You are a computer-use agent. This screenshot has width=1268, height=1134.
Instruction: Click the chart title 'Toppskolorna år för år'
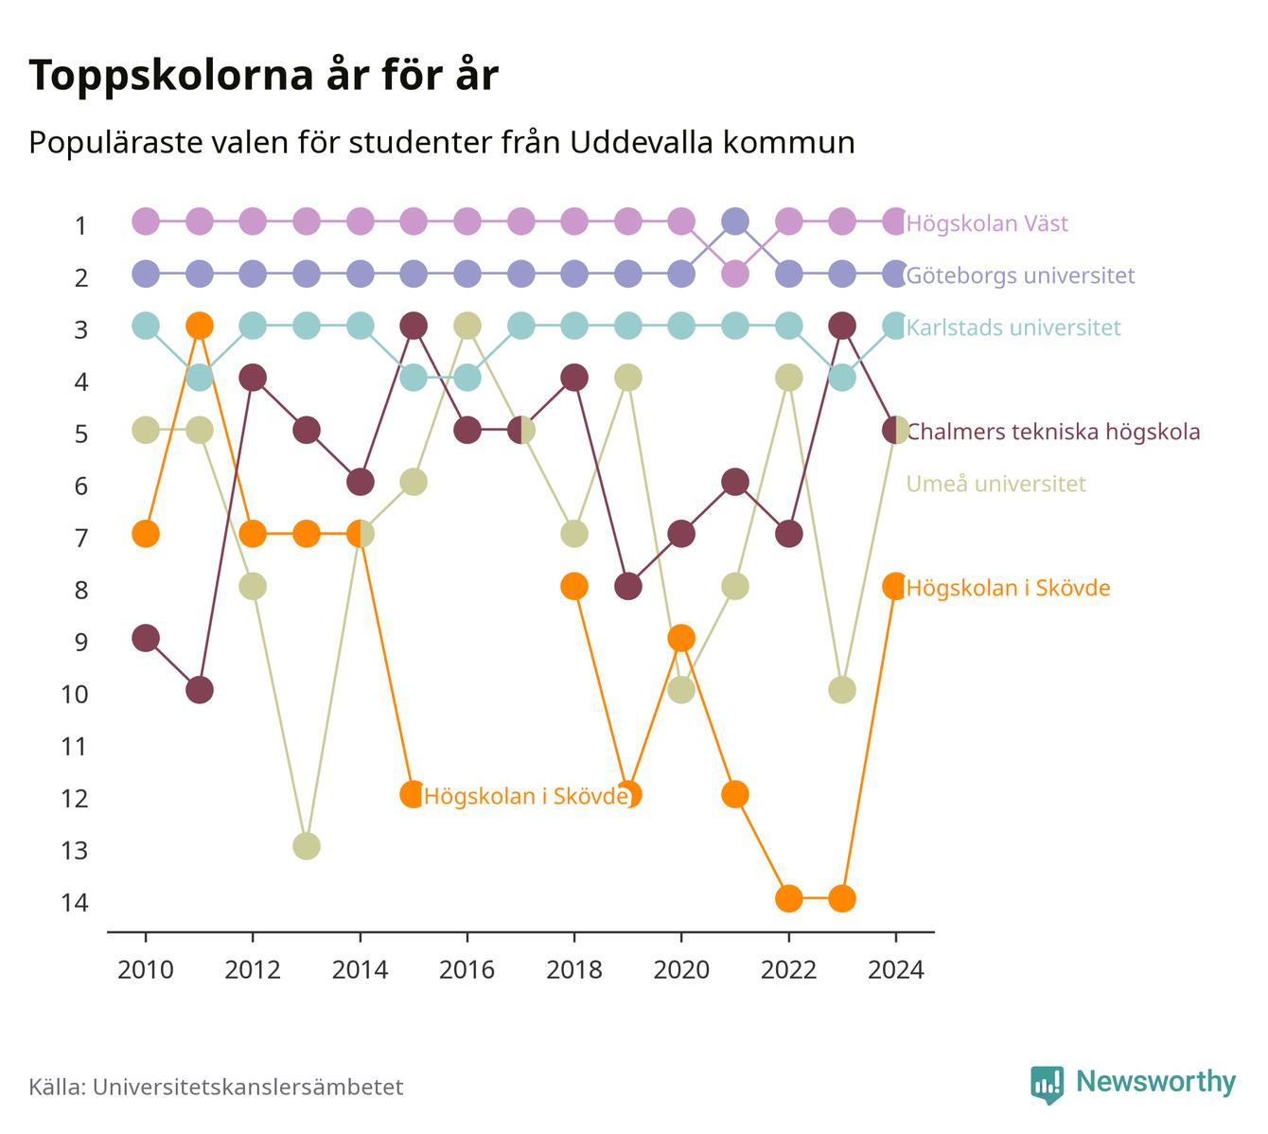(x=263, y=75)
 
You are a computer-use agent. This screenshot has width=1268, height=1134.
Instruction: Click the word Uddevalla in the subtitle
(x=642, y=142)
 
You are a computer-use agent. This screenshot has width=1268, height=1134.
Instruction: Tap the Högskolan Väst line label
(x=987, y=222)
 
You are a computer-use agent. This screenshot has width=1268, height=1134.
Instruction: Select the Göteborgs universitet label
(x=1020, y=275)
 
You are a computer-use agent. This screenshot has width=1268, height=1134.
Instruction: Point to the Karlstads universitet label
(x=1013, y=328)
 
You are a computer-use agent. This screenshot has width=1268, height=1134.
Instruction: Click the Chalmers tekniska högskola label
(x=1053, y=432)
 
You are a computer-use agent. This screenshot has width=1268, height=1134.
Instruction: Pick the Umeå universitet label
(x=995, y=484)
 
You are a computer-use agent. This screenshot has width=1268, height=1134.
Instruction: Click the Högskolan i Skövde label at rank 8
(x=1009, y=588)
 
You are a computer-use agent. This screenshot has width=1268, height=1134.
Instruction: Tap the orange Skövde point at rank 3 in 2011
(x=200, y=326)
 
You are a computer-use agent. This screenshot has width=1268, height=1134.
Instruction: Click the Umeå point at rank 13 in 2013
(x=307, y=846)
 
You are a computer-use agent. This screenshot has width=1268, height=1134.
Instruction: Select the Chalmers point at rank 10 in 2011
(x=200, y=690)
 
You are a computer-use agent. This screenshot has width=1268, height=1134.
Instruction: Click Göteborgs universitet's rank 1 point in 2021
(x=735, y=221)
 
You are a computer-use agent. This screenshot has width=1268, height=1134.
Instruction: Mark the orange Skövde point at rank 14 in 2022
(x=788, y=898)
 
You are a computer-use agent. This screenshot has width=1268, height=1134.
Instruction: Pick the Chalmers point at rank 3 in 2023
(x=842, y=326)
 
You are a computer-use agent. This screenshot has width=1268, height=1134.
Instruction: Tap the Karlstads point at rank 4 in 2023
(x=842, y=378)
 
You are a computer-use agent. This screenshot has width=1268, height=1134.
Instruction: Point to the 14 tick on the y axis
(x=75, y=902)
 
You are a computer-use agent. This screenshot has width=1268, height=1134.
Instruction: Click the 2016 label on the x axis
(x=467, y=970)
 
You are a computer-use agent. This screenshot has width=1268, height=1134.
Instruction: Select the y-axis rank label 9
(x=81, y=642)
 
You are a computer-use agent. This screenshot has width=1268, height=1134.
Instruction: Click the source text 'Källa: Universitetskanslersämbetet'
(x=216, y=1087)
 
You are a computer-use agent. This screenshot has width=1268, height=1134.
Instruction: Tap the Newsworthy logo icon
(x=1048, y=1085)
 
